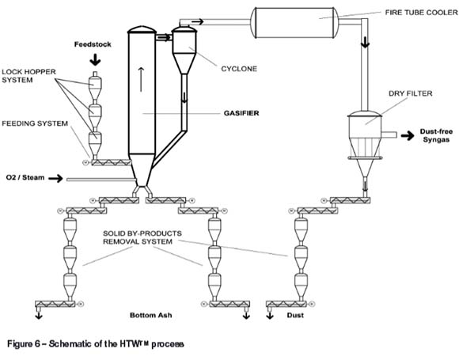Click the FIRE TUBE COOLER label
point(421,13)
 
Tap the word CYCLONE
point(239,69)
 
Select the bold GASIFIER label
point(241,113)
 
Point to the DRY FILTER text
point(411,93)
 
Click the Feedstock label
point(93,44)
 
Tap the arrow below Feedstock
point(95,60)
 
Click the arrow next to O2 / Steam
point(55,178)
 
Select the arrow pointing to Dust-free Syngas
point(408,135)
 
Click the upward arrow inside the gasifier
point(141,79)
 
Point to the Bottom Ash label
point(150,315)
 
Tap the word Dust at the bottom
point(295,315)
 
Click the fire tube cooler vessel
point(294,23)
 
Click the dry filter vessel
point(365,138)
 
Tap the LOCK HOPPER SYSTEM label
point(28,76)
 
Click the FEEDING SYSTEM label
point(35,123)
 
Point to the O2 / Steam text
point(25,177)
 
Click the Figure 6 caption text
point(96,343)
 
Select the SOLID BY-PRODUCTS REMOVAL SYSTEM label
point(142,237)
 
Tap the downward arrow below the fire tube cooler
point(365,43)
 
